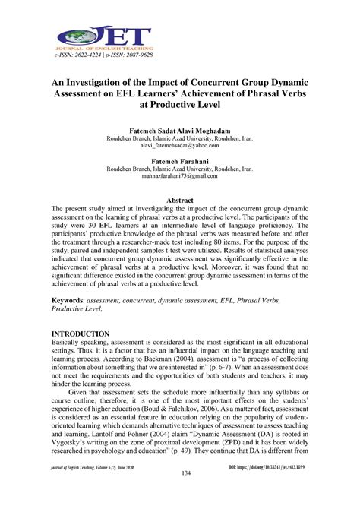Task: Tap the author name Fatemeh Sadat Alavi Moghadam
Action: click(180, 131)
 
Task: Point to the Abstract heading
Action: click(180, 199)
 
